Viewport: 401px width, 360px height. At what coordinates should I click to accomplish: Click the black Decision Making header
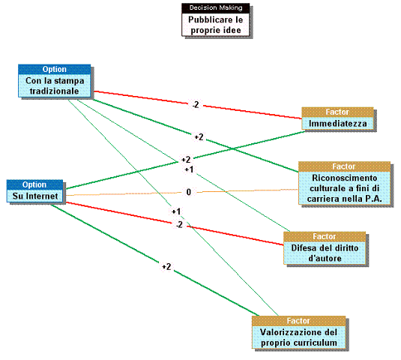coord(216,8)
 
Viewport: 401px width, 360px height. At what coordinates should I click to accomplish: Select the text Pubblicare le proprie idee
coord(216,25)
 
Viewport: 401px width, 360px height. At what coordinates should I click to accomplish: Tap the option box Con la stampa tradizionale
coord(55,81)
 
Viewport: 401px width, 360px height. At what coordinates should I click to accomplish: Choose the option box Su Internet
coord(34,191)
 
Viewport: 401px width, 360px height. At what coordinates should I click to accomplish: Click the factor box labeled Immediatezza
coord(337,118)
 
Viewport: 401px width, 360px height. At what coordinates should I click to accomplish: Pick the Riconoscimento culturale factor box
coord(345,183)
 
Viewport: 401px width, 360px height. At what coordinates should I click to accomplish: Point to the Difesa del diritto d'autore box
coord(325,248)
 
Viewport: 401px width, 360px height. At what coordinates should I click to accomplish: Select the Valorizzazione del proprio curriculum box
coord(299,332)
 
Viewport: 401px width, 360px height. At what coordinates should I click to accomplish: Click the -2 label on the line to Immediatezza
coord(196,105)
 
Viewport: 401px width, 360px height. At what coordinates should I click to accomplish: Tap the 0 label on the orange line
coord(189,192)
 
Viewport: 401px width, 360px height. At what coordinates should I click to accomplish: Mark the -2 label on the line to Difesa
coord(179,225)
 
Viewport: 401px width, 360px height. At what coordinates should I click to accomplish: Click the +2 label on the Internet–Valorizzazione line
coord(166,267)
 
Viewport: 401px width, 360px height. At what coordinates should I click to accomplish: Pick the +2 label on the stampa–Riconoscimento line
coord(199,137)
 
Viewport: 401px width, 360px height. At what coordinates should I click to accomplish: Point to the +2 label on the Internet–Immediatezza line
coord(186,160)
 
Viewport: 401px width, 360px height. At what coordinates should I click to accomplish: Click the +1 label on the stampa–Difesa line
coord(189,169)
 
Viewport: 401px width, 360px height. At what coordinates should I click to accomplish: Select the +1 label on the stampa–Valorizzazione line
coord(176,211)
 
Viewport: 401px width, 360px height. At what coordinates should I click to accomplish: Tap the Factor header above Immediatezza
coord(337,112)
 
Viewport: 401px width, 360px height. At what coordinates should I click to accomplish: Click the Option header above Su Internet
coord(34,184)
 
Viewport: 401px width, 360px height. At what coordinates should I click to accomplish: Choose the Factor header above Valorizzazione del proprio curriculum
coord(299,321)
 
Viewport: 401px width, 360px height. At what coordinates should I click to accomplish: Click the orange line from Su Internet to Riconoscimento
coord(182,193)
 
